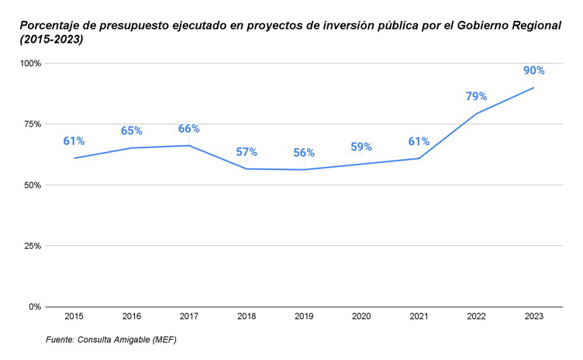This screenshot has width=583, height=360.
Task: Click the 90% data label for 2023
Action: click(x=533, y=71)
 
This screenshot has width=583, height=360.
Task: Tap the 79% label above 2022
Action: click(x=476, y=96)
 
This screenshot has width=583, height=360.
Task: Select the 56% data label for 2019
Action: click(x=304, y=153)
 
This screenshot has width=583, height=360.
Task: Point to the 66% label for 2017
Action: click(x=188, y=129)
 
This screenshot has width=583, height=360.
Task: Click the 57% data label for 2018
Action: click(x=247, y=152)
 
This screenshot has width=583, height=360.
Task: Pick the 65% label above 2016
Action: click(x=131, y=130)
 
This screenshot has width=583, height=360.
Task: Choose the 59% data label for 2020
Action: click(x=361, y=147)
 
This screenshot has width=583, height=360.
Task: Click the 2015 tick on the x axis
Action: click(x=74, y=317)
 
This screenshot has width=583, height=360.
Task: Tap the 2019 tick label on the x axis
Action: click(x=304, y=317)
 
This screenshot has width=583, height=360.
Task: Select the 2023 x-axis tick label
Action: click(x=533, y=317)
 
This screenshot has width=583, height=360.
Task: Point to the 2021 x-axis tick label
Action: click(x=419, y=317)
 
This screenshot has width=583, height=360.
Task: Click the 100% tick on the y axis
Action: click(x=30, y=63)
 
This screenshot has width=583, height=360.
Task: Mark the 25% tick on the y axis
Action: click(x=33, y=246)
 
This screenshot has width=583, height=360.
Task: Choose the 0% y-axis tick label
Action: click(x=35, y=306)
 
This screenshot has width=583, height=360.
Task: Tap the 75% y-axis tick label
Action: click(x=33, y=124)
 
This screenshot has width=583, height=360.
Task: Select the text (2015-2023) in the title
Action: click(x=52, y=40)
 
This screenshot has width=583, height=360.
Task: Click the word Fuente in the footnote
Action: click(x=60, y=340)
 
